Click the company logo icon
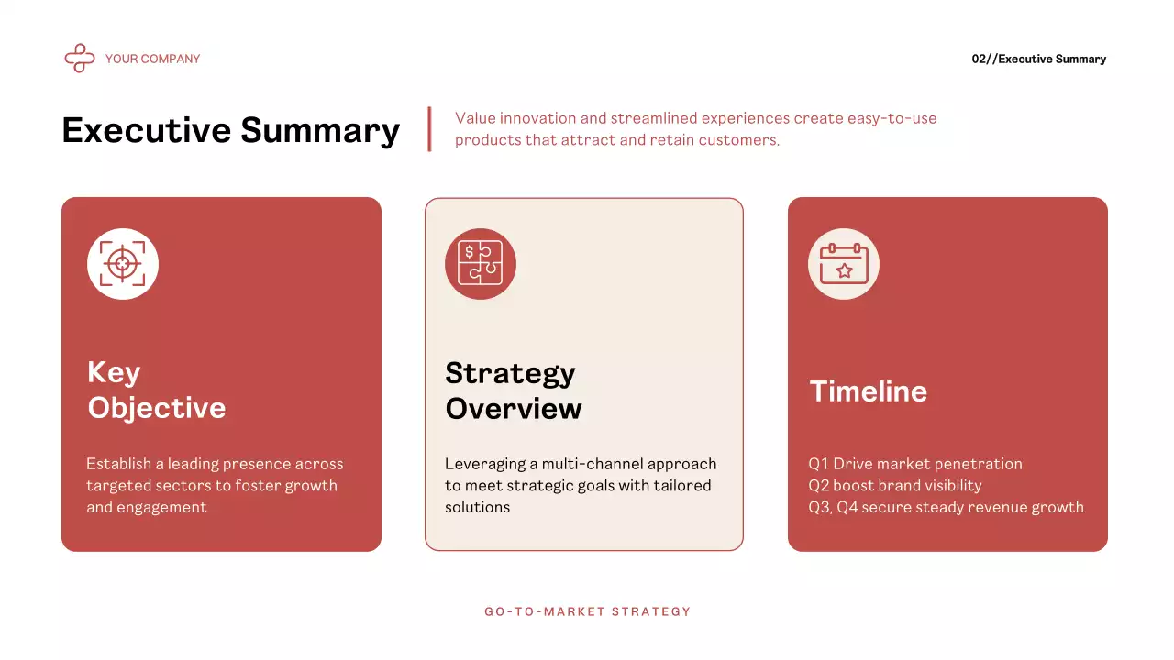pos(80,59)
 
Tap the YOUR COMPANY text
pos(152,59)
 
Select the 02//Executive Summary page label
pos(1038,59)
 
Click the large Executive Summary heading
pos(230,130)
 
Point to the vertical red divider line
pos(429,129)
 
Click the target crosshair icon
pos(123,264)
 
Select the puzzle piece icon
pos(481,264)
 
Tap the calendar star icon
pos(844,264)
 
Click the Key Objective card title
pos(156,390)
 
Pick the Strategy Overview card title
pos(513,390)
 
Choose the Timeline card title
pos(868,391)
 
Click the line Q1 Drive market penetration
pos(914,464)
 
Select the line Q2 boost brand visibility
pos(894,486)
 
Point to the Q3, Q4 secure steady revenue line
pos(946,507)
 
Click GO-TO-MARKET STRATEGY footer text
pos(587,611)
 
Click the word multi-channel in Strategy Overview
pos(583,464)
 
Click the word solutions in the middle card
pos(477,507)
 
